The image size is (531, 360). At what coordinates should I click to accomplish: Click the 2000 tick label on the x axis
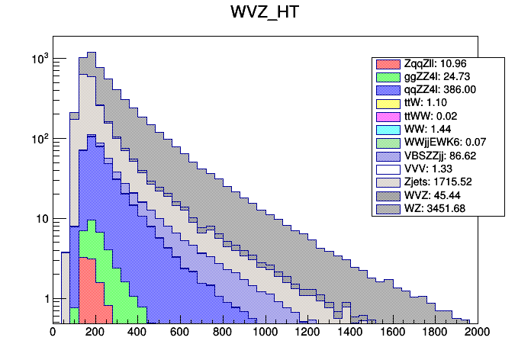click(478, 332)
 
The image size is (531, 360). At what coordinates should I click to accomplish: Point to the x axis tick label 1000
click(265, 332)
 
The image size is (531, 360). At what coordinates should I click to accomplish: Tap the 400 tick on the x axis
click(138, 332)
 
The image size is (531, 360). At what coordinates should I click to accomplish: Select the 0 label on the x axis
click(53, 332)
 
